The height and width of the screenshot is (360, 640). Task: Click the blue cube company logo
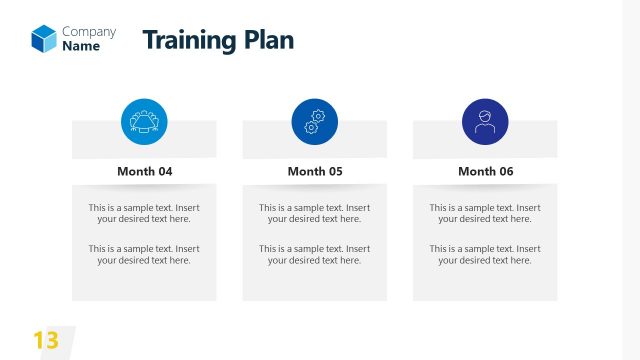[44, 38]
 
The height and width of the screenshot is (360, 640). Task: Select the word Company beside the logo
[89, 31]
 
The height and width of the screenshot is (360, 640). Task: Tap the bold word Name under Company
[81, 46]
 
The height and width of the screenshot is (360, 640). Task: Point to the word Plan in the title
[268, 40]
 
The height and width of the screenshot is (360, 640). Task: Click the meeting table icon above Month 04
[144, 122]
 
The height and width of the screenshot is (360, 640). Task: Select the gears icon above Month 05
[314, 122]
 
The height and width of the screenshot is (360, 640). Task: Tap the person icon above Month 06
[485, 122]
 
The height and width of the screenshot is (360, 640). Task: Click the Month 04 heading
[144, 171]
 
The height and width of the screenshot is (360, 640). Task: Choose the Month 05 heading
[314, 171]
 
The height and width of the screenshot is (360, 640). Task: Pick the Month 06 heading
[485, 171]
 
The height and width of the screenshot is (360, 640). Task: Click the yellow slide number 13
[46, 340]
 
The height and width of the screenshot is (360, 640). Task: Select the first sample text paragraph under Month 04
[144, 213]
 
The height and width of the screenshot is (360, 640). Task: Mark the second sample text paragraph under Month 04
[144, 254]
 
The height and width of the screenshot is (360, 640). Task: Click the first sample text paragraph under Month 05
[314, 213]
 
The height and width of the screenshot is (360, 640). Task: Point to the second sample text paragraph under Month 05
[314, 254]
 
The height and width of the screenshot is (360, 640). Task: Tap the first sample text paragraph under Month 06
[485, 213]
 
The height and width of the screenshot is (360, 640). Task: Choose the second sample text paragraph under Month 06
[485, 254]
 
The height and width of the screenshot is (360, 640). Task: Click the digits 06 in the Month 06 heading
[505, 171]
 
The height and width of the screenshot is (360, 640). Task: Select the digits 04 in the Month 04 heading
[164, 171]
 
